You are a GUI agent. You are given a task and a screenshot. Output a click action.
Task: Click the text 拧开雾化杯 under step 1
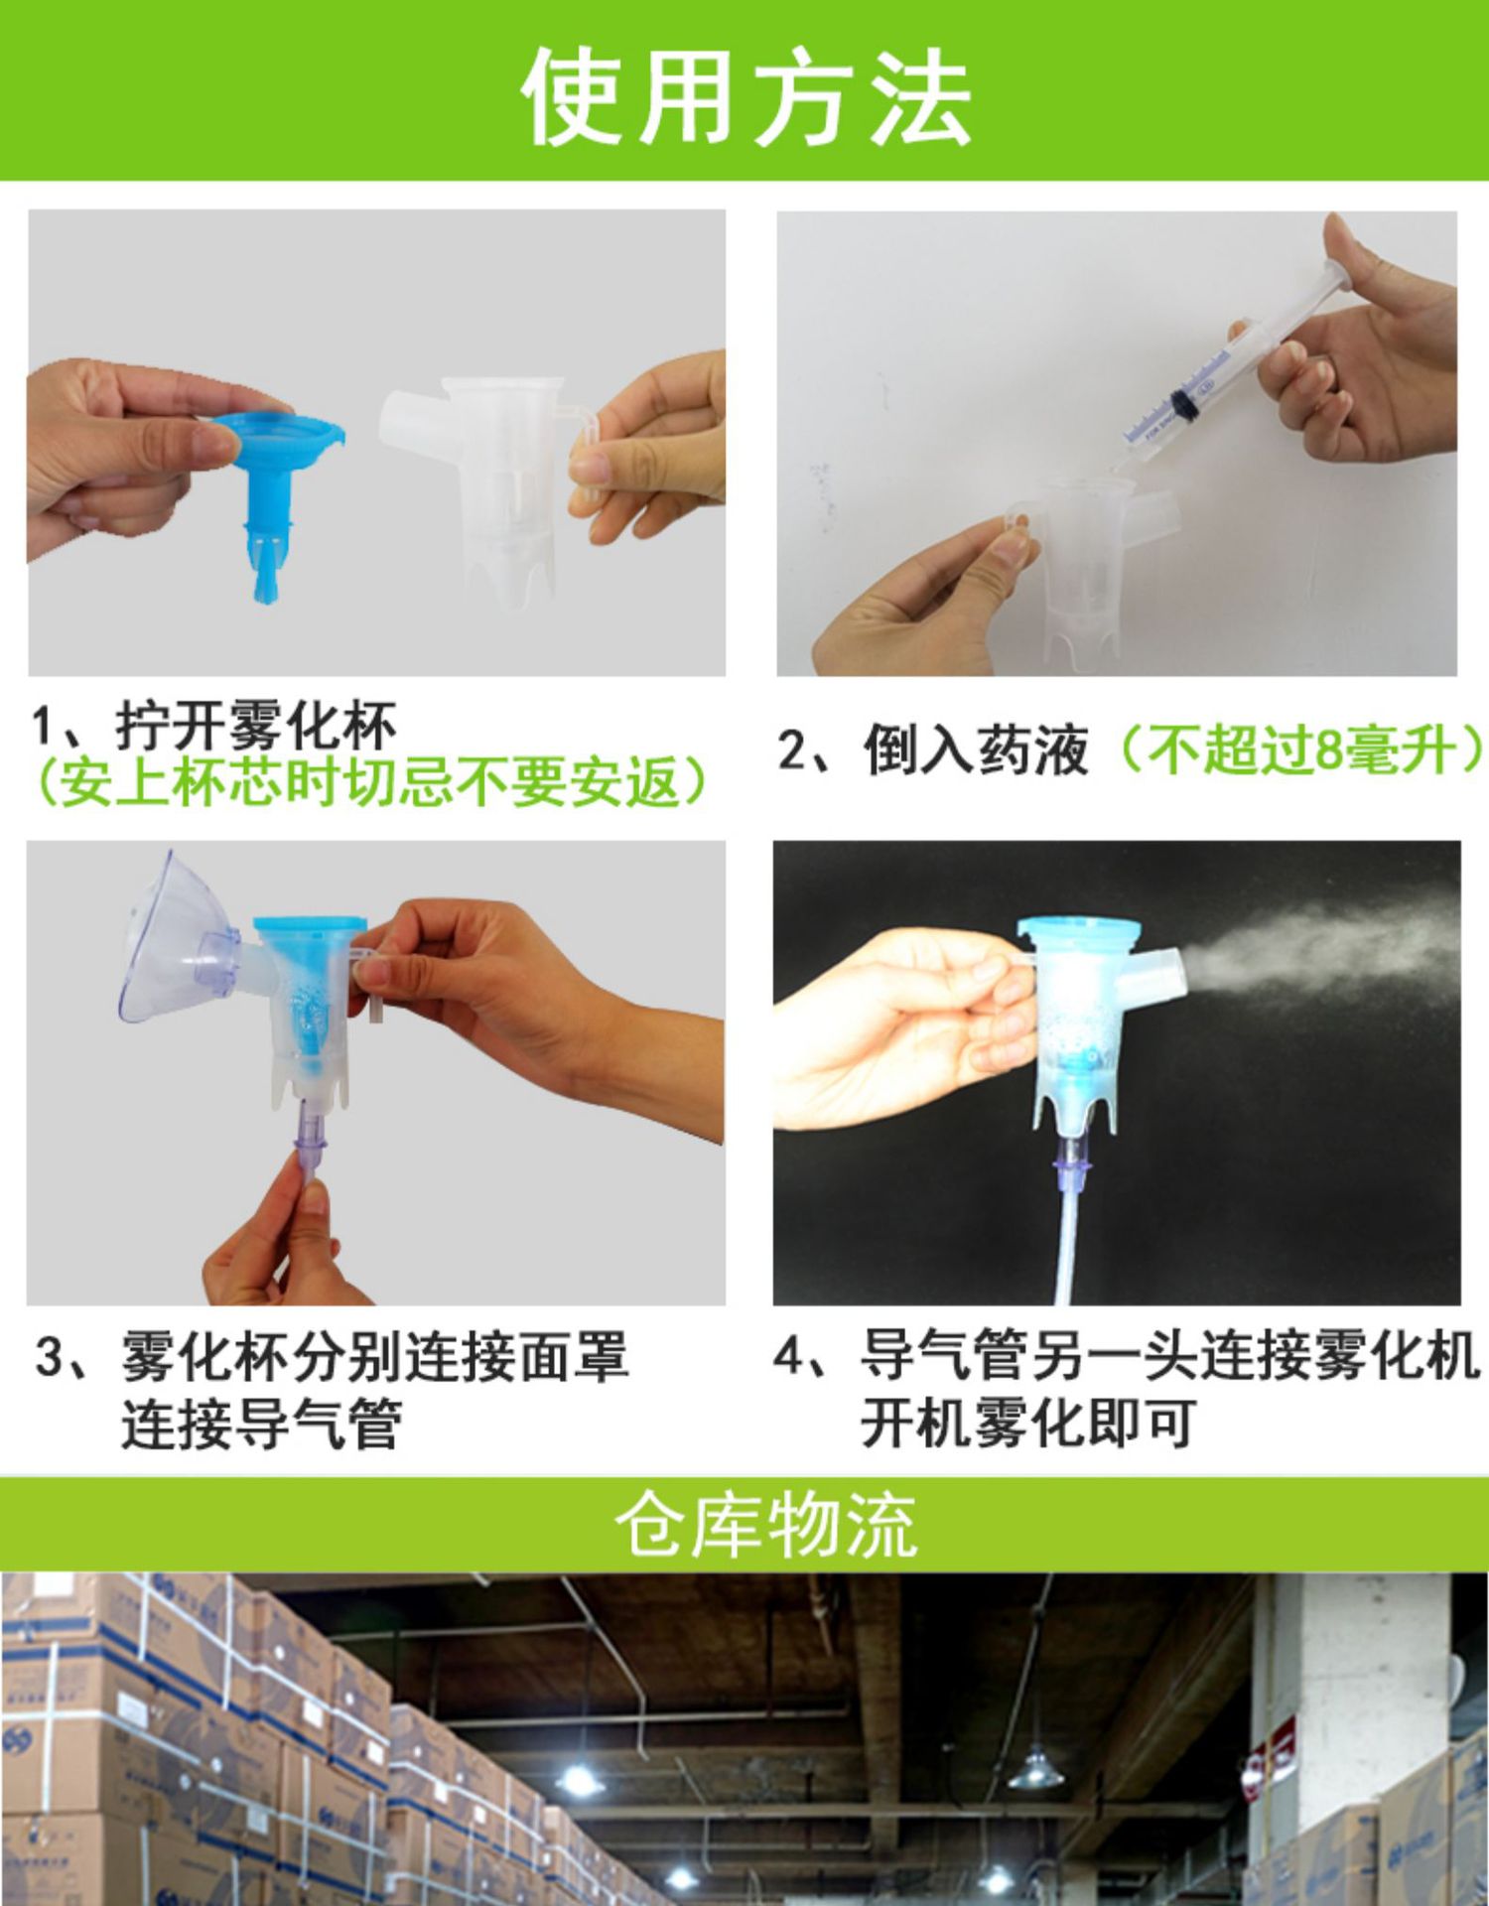[256, 727]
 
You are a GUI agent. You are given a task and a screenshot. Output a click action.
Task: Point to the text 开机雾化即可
[1027, 1424]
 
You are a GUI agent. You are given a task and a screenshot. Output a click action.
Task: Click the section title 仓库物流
[764, 1525]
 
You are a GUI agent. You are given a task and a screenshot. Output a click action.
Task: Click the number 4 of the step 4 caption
[789, 1356]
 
